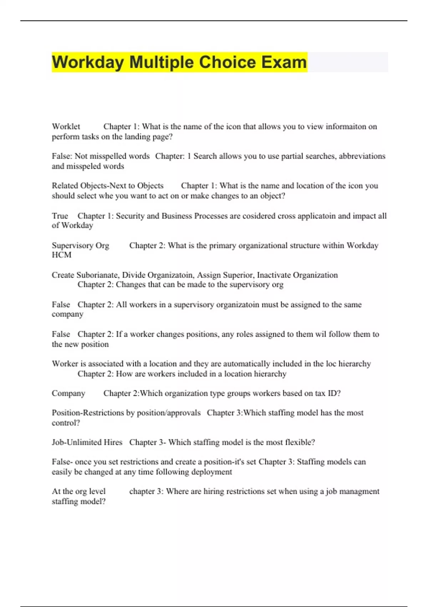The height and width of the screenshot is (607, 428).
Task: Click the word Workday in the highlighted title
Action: [x=88, y=62]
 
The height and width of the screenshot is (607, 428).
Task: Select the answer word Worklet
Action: [x=66, y=126]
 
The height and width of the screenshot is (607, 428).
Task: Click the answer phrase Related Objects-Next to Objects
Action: [x=107, y=186]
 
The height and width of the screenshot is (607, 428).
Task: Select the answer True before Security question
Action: [x=60, y=216]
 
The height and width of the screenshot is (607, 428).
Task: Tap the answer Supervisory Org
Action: [x=80, y=246]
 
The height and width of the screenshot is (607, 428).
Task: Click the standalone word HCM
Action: [x=61, y=255]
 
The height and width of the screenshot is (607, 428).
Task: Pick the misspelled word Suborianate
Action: [x=98, y=275]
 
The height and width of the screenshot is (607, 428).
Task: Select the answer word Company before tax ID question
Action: [x=68, y=393]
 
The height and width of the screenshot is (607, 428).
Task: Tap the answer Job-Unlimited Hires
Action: [x=87, y=442]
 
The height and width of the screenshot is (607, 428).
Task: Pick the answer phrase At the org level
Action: [x=78, y=491]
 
